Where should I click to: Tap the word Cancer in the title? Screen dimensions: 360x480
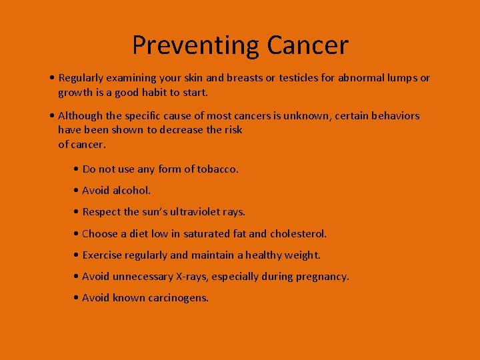307,45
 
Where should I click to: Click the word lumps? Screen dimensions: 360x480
398,78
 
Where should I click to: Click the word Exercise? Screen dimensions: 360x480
104,255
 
